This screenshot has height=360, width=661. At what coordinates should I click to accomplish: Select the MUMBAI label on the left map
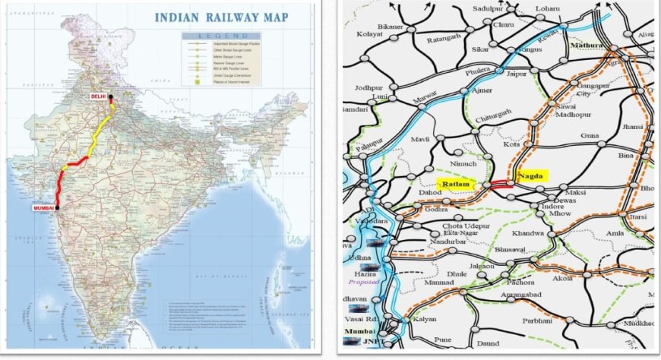coord(43,207)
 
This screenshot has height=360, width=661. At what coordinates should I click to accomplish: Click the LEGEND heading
coord(218,36)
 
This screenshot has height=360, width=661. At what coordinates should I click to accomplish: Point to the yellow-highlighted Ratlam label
coord(455,184)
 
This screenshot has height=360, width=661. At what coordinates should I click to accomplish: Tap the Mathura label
coord(586,46)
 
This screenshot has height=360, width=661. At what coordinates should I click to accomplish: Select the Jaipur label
coord(517,74)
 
